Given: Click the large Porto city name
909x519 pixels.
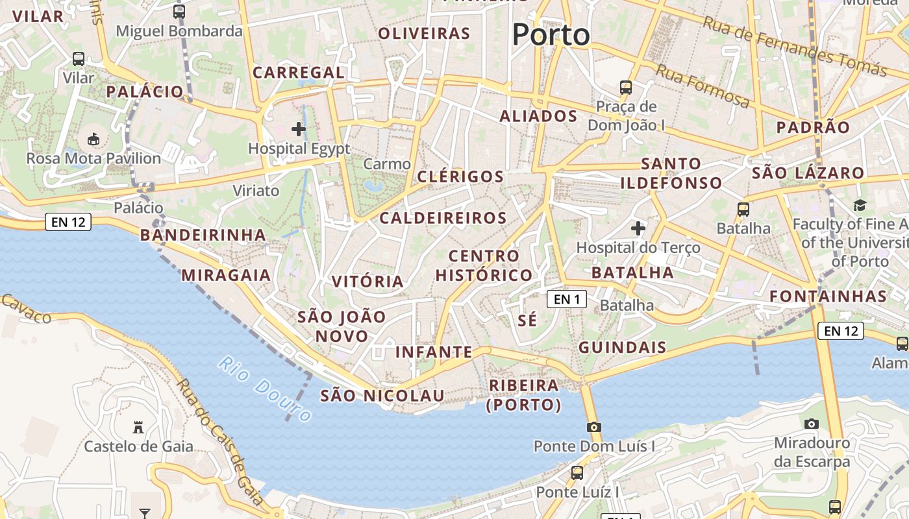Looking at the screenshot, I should click(x=551, y=34).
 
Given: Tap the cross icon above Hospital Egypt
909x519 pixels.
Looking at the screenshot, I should click(x=299, y=129).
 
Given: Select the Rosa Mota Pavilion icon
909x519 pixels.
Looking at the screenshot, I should click(x=93, y=139).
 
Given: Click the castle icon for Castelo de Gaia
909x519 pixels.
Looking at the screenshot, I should click(x=138, y=427).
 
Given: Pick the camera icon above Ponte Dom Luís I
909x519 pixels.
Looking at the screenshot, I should click(x=593, y=427).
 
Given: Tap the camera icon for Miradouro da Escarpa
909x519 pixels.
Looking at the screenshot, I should click(x=811, y=424).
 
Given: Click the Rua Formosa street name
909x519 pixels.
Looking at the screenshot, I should click(x=702, y=86).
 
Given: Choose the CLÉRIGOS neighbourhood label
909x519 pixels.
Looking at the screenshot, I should click(x=460, y=176).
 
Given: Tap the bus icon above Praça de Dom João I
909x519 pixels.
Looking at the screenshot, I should click(x=626, y=87).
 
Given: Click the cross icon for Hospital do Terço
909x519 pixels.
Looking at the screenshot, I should click(x=638, y=228).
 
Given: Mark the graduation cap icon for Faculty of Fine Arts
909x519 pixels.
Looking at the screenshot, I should click(x=860, y=206).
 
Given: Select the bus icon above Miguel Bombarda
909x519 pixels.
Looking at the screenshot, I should click(x=179, y=11).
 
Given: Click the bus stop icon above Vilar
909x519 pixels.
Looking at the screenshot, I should click(x=79, y=58).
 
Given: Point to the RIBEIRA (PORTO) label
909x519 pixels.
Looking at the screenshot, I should click(x=524, y=395).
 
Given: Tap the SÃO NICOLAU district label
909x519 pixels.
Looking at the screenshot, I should click(x=382, y=396).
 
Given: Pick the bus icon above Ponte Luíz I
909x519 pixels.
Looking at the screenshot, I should click(x=577, y=472).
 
